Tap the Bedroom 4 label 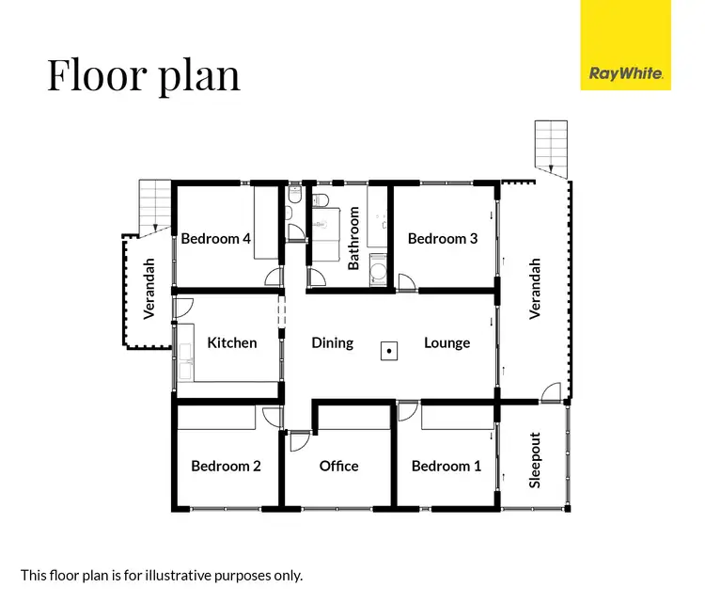click(216, 239)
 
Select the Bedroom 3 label click(443, 239)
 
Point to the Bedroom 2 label click(226, 466)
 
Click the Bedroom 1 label click(446, 466)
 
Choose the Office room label click(338, 466)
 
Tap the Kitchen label click(232, 342)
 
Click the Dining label click(333, 342)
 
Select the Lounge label click(446, 342)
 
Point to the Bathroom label click(354, 239)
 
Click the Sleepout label click(535, 460)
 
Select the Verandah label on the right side click(535, 289)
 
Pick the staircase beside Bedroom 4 click(154, 206)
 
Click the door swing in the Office click(301, 440)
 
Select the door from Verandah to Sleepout click(553, 392)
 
